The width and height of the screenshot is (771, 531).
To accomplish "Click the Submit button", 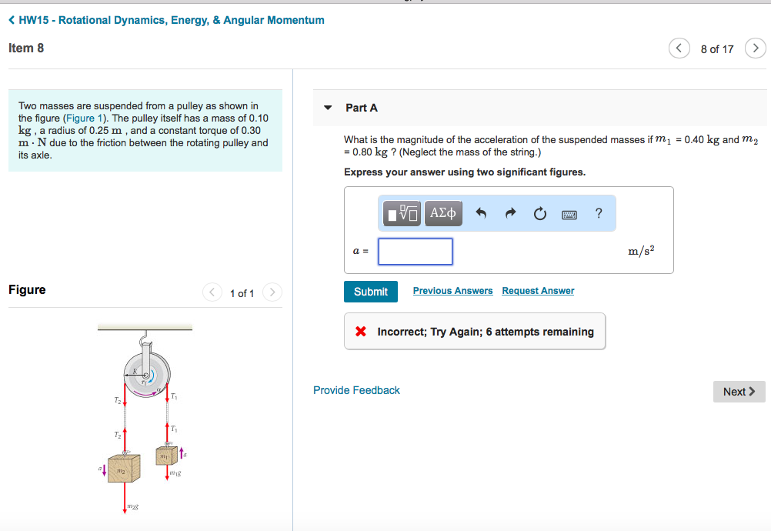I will tap(370, 292).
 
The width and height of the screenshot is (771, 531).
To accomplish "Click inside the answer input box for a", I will tap(415, 252).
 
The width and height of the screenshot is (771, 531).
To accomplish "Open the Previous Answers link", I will tap(452, 291).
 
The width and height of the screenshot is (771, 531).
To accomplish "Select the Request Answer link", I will tap(538, 291).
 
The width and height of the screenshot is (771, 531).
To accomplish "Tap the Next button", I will tap(739, 392).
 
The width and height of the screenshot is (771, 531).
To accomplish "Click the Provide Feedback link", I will tap(356, 390).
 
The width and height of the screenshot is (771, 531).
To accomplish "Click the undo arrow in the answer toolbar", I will tap(481, 213).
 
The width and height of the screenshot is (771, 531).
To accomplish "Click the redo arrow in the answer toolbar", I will tap(510, 213).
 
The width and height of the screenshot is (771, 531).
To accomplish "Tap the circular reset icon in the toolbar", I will tap(539, 213).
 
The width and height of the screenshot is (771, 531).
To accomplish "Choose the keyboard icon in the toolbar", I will tap(569, 214).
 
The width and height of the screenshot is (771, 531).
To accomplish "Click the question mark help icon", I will tap(599, 213).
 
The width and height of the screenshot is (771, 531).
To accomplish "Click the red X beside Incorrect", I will tap(360, 332).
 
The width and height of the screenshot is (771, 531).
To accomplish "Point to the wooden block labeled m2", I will tap(124, 468).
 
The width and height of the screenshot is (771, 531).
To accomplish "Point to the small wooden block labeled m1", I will tap(166, 456).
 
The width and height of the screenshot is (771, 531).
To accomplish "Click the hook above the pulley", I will tap(143, 340).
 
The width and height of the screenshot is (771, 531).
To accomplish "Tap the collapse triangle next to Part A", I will tap(329, 108).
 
